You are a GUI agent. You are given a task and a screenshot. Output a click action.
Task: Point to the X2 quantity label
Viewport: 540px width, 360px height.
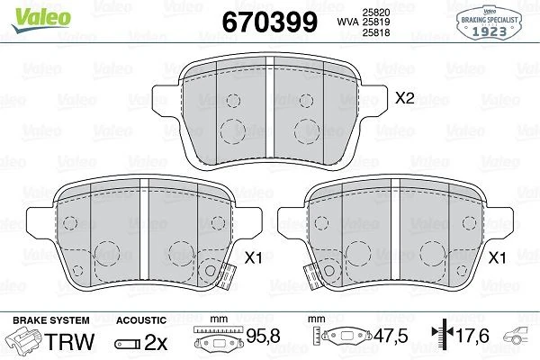(405, 99)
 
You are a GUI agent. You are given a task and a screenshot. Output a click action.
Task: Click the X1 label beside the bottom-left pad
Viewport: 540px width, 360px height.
(253, 256)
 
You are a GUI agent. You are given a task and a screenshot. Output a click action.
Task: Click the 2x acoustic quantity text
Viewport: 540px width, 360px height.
(155, 342)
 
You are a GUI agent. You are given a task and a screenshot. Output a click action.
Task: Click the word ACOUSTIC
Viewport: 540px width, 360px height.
(141, 320)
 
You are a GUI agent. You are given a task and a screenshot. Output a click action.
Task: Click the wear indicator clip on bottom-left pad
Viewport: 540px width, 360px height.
(212, 270)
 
